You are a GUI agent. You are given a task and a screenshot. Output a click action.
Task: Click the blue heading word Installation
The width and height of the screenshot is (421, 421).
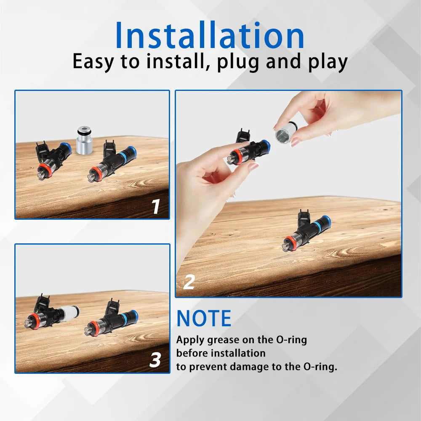pos(210,35)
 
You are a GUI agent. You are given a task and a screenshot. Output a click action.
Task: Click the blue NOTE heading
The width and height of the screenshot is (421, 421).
pos(204,318)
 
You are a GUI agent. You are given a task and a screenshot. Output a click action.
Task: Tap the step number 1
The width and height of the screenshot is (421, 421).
pos(156,206)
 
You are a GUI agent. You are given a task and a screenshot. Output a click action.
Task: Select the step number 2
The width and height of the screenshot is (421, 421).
pos(189,282)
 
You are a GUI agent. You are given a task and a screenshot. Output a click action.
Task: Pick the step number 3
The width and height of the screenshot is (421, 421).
pos(155,360)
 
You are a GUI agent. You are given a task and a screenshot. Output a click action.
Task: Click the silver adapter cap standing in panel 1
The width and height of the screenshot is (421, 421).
pos(84,141)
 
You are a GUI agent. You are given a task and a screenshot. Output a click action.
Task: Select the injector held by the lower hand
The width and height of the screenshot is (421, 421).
pos(248,151)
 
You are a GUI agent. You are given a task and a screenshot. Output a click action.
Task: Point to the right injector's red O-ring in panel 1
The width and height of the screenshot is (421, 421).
pos(95,173)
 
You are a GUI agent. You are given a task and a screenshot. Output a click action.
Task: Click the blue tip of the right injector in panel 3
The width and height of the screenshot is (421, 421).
pos(133,315)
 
